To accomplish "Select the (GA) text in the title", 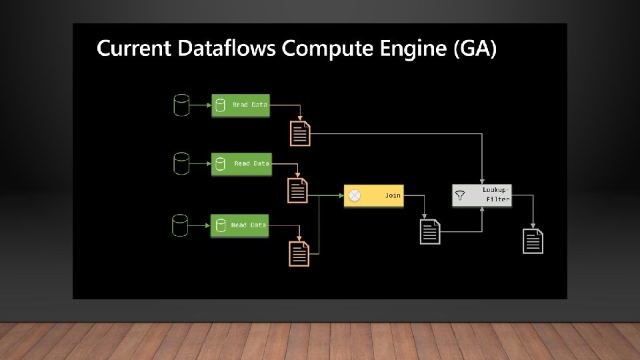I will (x=475, y=49).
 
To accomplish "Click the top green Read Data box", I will (x=241, y=105).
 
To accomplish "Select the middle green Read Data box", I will (x=241, y=164).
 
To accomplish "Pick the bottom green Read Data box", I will (x=240, y=225).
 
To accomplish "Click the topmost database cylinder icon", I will (x=181, y=105).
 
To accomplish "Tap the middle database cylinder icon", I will (x=181, y=163).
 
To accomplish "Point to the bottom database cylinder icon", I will (x=180, y=225).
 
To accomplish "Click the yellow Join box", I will (x=373, y=195).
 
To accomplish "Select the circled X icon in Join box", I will (x=355, y=195).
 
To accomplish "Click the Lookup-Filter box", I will (x=482, y=195).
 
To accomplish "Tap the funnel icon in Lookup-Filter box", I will (x=460, y=195).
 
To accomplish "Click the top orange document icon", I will (x=300, y=133).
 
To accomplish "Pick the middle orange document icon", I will (x=297, y=191).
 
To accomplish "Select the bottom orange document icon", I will (x=299, y=254).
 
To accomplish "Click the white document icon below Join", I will (x=430, y=231).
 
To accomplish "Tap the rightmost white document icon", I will (x=533, y=241).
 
